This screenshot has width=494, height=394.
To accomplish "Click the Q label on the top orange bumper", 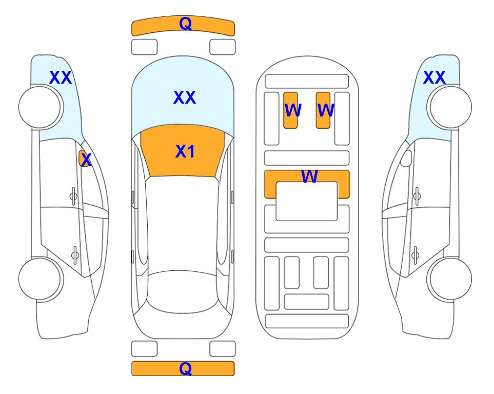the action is click(x=185, y=24).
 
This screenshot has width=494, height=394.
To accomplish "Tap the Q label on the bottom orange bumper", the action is click(x=185, y=368).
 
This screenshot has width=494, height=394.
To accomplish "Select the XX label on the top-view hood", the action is click(x=185, y=97).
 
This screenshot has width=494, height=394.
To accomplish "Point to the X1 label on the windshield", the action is click(x=185, y=151).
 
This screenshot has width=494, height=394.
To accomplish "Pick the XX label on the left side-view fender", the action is click(x=61, y=77).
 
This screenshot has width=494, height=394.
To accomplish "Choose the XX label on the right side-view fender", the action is click(x=434, y=77).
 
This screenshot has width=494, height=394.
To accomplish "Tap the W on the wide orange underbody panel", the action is click(x=309, y=176).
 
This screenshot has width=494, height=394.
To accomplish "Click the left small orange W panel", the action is click(x=291, y=110).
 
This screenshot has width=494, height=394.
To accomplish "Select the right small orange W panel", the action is click(x=323, y=110).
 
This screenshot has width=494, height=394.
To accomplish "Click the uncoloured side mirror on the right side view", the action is click(x=406, y=158).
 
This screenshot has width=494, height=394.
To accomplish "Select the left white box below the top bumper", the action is click(x=144, y=47).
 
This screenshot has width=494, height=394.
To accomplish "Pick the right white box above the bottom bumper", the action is click(x=223, y=349).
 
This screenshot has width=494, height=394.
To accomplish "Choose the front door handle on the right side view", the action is click(x=417, y=196).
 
